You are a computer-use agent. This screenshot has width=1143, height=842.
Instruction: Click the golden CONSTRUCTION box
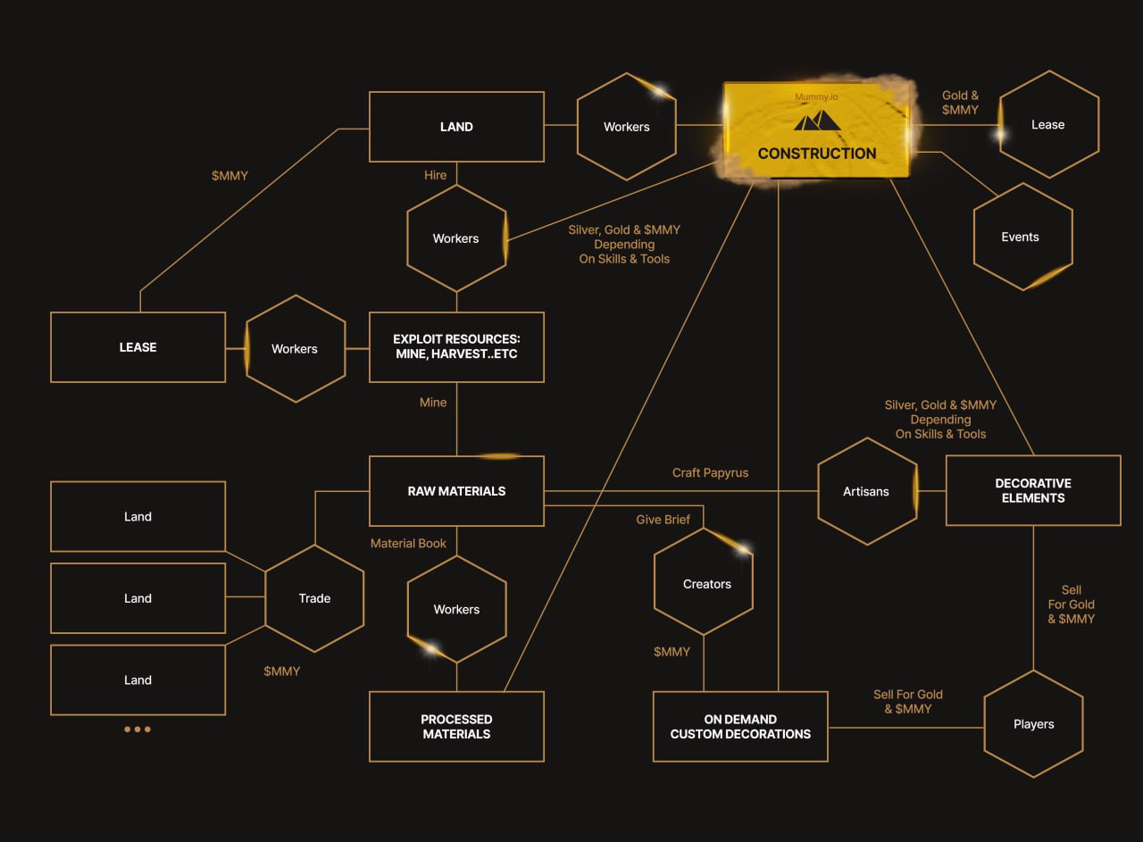click(x=817, y=130)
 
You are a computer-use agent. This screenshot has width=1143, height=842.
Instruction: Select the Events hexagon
click(x=1023, y=237)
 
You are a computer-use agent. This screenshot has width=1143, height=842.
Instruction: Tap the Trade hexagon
click(x=314, y=598)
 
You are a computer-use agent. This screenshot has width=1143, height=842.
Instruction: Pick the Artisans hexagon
click(x=867, y=491)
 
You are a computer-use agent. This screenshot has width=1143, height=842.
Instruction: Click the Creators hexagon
click(x=704, y=581)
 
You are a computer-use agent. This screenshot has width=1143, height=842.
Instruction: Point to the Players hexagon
click(x=1034, y=724)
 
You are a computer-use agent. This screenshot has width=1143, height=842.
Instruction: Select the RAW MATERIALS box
click(x=456, y=491)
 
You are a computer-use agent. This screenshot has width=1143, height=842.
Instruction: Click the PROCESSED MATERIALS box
click(x=456, y=727)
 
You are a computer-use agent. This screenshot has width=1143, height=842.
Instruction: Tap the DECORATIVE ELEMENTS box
click(x=1033, y=490)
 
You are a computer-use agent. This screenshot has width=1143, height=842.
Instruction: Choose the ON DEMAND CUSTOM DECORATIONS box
click(x=740, y=727)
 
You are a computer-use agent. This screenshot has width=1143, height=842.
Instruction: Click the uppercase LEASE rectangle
click(x=138, y=347)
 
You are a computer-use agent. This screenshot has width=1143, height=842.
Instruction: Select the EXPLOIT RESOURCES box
click(x=456, y=347)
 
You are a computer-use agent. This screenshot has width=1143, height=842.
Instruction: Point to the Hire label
click(x=435, y=175)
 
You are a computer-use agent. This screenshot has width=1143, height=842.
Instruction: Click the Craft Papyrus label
click(x=710, y=472)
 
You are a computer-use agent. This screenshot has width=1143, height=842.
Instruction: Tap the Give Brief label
click(x=663, y=520)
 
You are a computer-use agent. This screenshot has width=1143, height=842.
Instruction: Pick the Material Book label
click(x=408, y=544)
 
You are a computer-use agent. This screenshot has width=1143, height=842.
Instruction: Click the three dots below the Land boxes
click(x=138, y=729)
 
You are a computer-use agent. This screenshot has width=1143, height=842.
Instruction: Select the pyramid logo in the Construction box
click(x=817, y=121)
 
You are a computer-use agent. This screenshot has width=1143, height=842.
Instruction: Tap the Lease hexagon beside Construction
click(x=1049, y=124)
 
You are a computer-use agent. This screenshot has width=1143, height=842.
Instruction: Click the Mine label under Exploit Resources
click(x=433, y=403)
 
